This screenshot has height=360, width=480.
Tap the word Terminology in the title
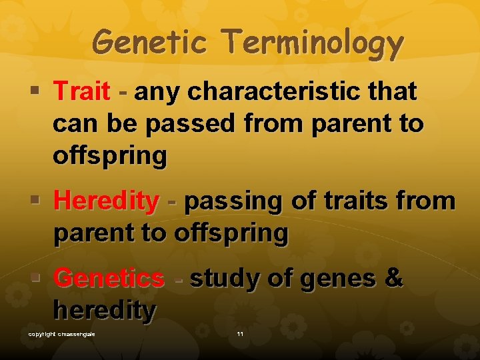click(x=313, y=44)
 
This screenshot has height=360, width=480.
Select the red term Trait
click(x=81, y=91)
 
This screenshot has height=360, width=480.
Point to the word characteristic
click(x=284, y=91)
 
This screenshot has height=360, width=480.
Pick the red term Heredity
click(x=107, y=200)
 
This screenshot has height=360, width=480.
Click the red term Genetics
click(x=109, y=278)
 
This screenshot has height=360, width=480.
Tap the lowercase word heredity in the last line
click(x=105, y=310)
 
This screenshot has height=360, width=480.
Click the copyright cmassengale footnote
click(x=61, y=333)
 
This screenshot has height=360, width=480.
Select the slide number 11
click(x=240, y=333)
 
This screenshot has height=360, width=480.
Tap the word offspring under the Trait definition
click(x=109, y=155)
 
